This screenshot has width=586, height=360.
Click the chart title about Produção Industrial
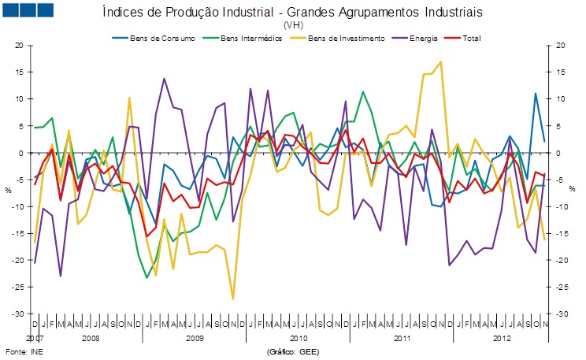pos(292,13)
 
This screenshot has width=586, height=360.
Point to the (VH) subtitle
pos(292,25)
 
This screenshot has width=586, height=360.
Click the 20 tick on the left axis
pos(19,46)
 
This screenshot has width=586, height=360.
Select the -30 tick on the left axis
pos(17,314)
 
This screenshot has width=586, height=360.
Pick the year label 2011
pos(402,338)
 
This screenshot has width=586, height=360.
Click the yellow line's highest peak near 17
pos(440,61)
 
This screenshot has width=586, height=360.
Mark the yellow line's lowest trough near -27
pos(233,299)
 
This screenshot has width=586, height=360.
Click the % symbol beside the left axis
pos(9,189)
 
